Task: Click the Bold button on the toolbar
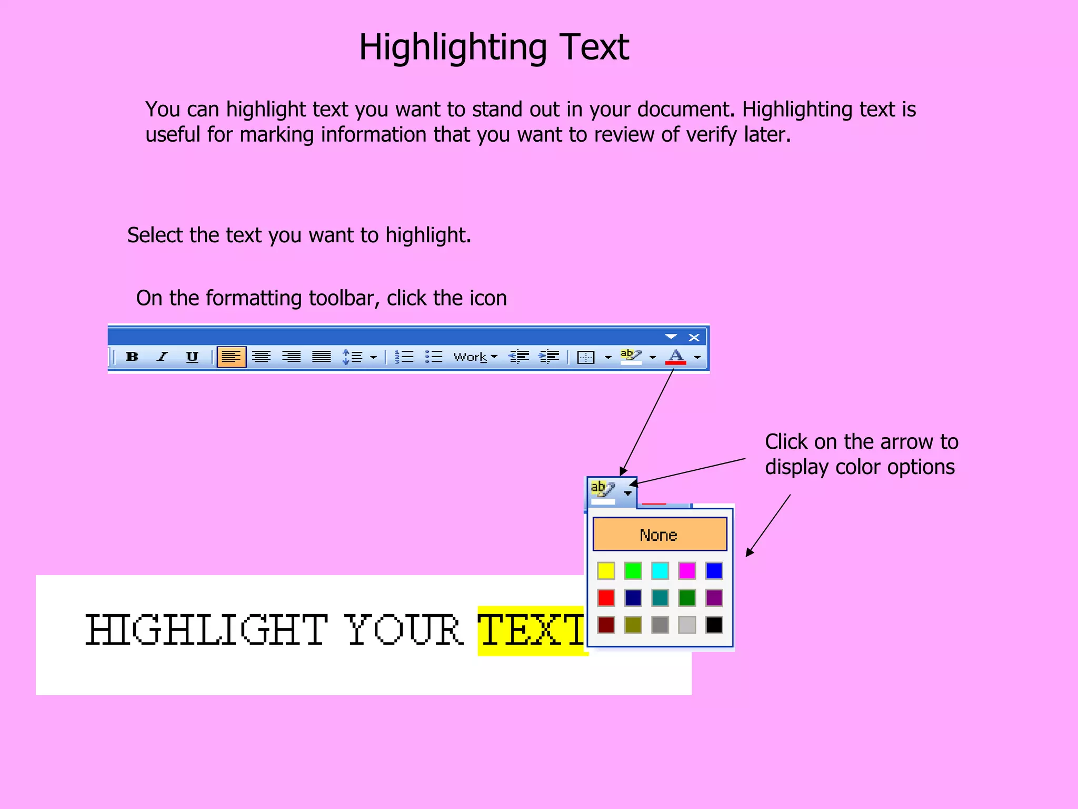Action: click(x=132, y=357)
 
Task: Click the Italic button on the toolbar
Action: click(x=162, y=357)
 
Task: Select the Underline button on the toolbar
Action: click(x=192, y=357)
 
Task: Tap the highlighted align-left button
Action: click(x=232, y=357)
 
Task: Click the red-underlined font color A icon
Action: click(x=676, y=357)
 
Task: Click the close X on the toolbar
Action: click(x=694, y=338)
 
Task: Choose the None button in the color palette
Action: click(x=660, y=535)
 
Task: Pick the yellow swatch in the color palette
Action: click(x=606, y=570)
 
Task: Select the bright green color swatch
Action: click(x=633, y=570)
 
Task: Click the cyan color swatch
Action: click(x=660, y=570)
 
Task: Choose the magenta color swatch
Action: click(x=687, y=570)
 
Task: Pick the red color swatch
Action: click(x=606, y=598)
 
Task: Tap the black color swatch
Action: click(x=714, y=625)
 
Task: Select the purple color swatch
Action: click(x=714, y=598)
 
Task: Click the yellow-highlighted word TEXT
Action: click(x=532, y=630)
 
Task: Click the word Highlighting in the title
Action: click(x=453, y=47)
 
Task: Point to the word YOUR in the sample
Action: click(x=404, y=630)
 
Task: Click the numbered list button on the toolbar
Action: click(x=404, y=357)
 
